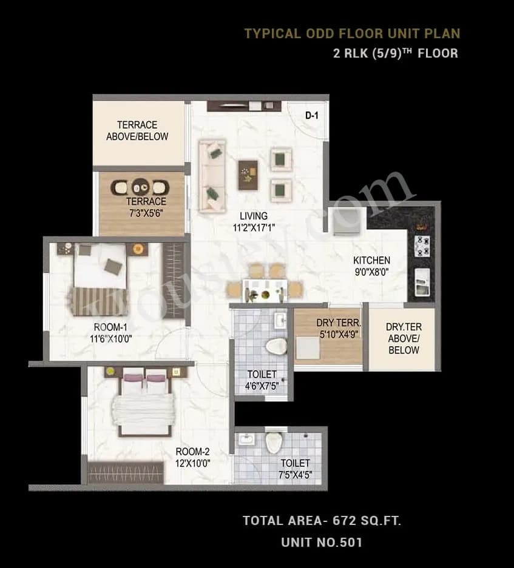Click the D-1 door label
point(311,115)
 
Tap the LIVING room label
point(253,216)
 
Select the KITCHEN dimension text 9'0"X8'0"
point(371,272)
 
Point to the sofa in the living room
point(212,176)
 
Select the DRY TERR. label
point(330,323)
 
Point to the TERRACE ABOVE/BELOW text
point(137,130)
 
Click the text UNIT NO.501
point(321,542)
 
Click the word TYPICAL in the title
point(272,33)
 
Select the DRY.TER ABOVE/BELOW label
point(403,338)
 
